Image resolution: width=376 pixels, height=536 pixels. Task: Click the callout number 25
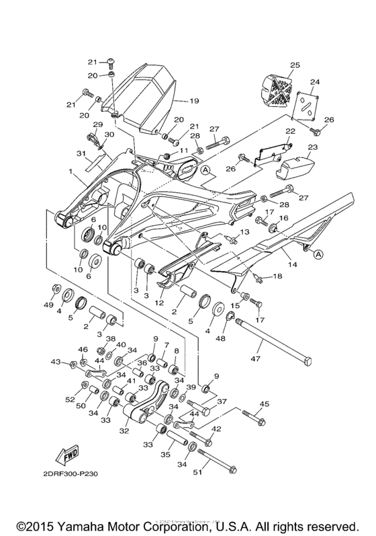click(x=293, y=65)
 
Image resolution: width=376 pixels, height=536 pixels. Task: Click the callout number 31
click(x=81, y=153)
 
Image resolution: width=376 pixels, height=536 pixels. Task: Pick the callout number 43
click(x=57, y=362)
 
